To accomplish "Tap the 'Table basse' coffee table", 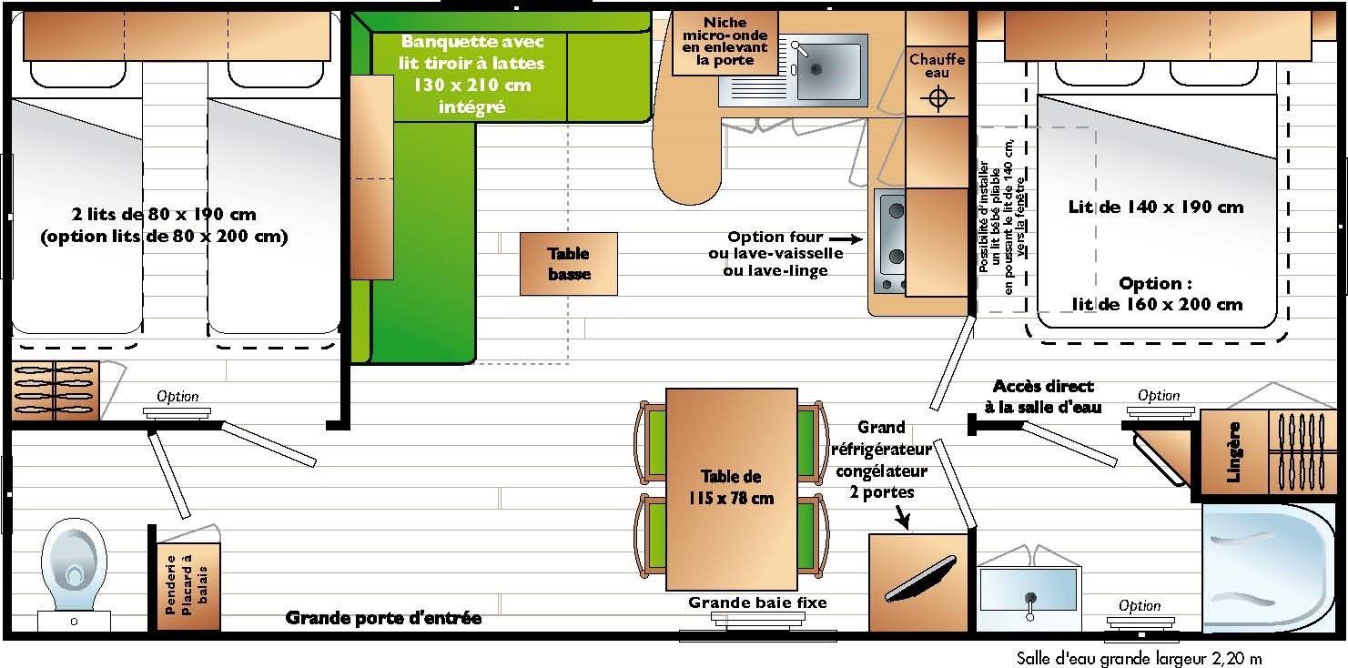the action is [x=569, y=264].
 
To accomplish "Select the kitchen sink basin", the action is [x=828, y=67].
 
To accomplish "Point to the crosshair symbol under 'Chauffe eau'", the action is [x=938, y=97].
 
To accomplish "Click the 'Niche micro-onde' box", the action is [x=725, y=42].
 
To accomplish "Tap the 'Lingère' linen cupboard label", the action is [x=1233, y=452].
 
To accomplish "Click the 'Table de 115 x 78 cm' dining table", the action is [x=731, y=490].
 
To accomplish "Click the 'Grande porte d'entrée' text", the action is [x=383, y=618].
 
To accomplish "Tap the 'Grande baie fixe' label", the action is [x=757, y=602].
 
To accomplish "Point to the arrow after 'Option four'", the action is [x=846, y=239].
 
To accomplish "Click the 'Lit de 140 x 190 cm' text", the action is [x=1155, y=207].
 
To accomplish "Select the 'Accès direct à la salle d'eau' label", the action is [x=1043, y=397].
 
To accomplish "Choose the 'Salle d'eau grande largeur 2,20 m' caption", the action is [x=1140, y=658].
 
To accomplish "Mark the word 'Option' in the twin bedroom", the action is [x=177, y=396].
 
